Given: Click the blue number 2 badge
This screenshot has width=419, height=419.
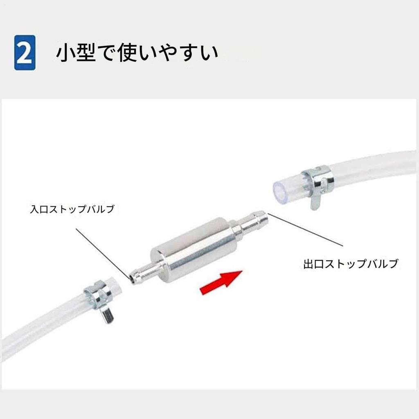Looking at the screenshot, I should click(x=25, y=53).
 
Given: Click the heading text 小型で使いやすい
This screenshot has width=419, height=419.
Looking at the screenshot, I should click(x=137, y=53).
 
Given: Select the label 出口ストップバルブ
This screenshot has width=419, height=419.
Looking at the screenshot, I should click(x=350, y=264).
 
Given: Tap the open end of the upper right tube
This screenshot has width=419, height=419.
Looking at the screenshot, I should click(x=279, y=189).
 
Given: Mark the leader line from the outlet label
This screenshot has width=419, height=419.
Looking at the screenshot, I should click(x=305, y=231).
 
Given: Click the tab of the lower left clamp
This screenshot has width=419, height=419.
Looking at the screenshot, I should click(x=107, y=316).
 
